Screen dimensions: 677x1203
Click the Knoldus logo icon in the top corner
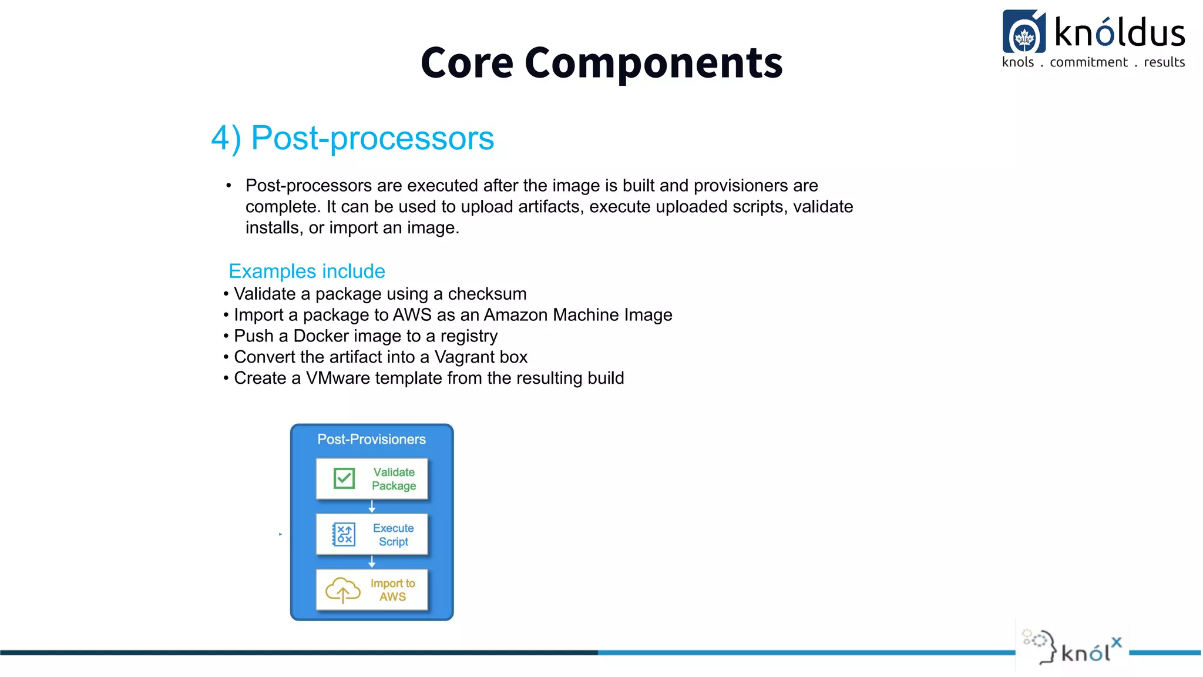pos(1024,32)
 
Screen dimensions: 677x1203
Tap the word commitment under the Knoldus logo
pos(1088,62)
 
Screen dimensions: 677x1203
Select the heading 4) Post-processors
pos(352,138)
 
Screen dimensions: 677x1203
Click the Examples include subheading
pos(307,271)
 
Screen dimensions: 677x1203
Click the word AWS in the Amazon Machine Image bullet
pos(412,315)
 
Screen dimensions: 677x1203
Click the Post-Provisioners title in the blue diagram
pos(371,439)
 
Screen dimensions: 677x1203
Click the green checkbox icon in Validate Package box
pos(344,478)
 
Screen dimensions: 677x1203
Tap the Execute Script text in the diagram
pos(393,535)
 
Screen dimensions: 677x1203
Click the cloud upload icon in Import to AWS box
pos(342,590)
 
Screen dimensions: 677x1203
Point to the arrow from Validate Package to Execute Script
pos(372,507)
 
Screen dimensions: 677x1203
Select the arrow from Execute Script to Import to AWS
pos(372,562)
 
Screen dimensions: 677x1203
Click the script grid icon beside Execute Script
pos(344,534)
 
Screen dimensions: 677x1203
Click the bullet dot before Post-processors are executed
pos(228,186)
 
